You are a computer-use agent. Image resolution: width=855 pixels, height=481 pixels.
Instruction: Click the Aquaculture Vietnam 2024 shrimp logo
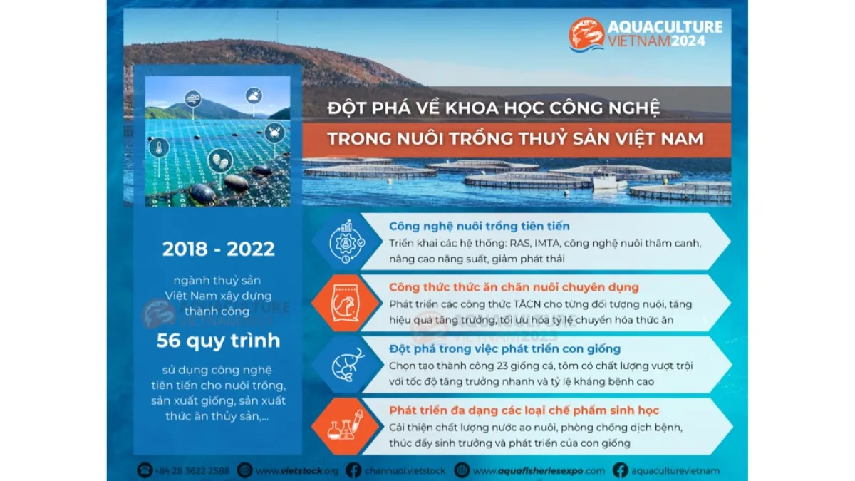586,34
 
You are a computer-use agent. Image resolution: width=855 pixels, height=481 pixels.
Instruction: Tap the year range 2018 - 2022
218,249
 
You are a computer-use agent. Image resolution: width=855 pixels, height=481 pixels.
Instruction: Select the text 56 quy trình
218,341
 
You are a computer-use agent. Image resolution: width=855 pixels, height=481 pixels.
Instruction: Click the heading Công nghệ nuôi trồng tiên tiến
479,227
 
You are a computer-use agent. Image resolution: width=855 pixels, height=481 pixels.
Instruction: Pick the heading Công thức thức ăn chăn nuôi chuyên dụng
514,287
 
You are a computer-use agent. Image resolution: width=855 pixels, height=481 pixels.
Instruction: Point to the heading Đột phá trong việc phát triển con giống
504,349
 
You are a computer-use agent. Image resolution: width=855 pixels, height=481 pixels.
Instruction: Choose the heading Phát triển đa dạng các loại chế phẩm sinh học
524,410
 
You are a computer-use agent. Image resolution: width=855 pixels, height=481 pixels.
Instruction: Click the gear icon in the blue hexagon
346,242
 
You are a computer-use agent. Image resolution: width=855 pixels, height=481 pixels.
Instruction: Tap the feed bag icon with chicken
346,304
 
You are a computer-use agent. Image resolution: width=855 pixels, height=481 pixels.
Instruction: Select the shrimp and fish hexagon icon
348,365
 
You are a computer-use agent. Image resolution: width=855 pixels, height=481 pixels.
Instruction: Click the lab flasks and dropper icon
346,425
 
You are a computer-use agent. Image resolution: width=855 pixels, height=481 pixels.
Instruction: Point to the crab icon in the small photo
274,133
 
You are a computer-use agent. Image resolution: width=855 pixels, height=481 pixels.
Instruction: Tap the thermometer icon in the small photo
159,148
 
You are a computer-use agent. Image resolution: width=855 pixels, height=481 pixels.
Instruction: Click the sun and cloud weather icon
254,95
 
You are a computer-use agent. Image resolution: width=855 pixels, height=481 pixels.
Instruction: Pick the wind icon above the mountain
193,99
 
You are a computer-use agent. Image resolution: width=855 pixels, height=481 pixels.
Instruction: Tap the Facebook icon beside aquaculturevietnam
621,470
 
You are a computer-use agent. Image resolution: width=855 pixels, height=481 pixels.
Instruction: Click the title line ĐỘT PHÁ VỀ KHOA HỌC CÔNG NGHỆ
494,108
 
